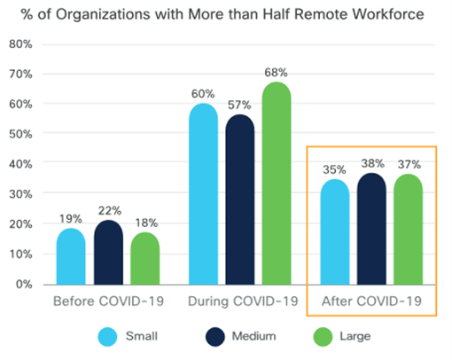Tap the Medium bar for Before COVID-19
[x=108, y=252]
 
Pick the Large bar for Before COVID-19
[x=144, y=258]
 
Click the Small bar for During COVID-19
[x=204, y=194]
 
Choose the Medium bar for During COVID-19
[x=240, y=199]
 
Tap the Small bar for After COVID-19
[x=335, y=231]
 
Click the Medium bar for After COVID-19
[x=372, y=228]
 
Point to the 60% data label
[x=204, y=93]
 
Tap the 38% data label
[x=372, y=162]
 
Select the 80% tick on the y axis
[x=20, y=44]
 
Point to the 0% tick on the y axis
[x=24, y=285]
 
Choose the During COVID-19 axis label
[x=240, y=301]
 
